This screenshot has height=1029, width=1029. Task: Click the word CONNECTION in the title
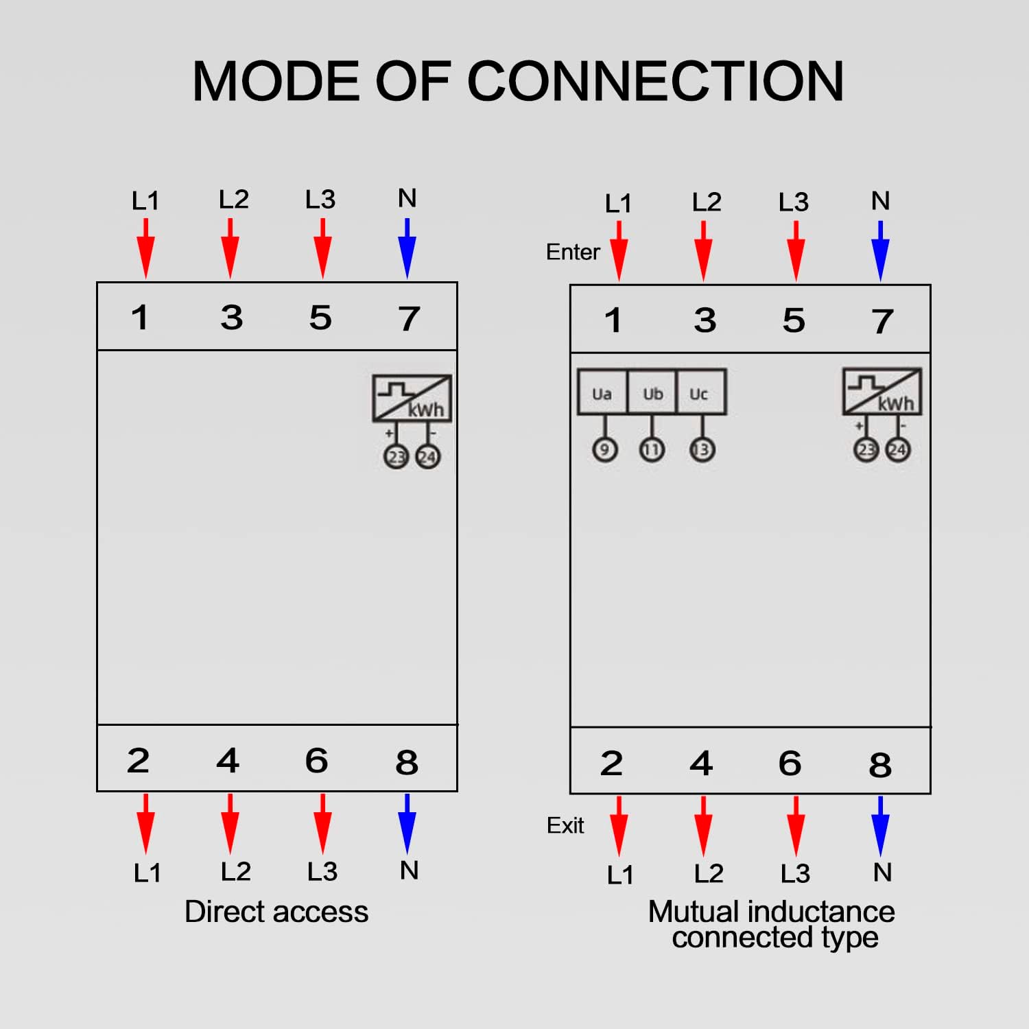click(x=655, y=81)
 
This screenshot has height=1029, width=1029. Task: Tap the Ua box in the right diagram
click(x=602, y=393)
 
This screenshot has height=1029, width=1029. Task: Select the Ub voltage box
click(x=652, y=393)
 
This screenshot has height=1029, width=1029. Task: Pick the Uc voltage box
click(x=699, y=393)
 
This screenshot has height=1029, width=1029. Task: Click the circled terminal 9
click(x=604, y=450)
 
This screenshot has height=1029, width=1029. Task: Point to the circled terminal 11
click(x=652, y=450)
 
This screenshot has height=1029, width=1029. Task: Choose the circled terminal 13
click(x=702, y=450)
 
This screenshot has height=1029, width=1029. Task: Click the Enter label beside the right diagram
click(x=573, y=252)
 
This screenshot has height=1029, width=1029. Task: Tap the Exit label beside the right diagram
click(x=565, y=825)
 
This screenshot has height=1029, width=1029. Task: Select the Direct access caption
click(x=276, y=912)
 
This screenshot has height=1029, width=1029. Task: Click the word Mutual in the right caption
click(x=695, y=912)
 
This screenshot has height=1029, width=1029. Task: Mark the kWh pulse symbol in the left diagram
click(x=412, y=399)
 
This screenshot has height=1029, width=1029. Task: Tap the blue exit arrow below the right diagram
click(x=881, y=826)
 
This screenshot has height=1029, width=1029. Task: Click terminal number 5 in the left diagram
click(x=320, y=318)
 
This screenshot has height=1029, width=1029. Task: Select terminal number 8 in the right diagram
click(x=880, y=765)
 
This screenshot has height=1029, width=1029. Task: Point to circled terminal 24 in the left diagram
click(x=427, y=457)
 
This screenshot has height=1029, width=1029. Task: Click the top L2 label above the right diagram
click(x=707, y=202)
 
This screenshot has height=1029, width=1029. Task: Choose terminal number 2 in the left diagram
click(x=138, y=761)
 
